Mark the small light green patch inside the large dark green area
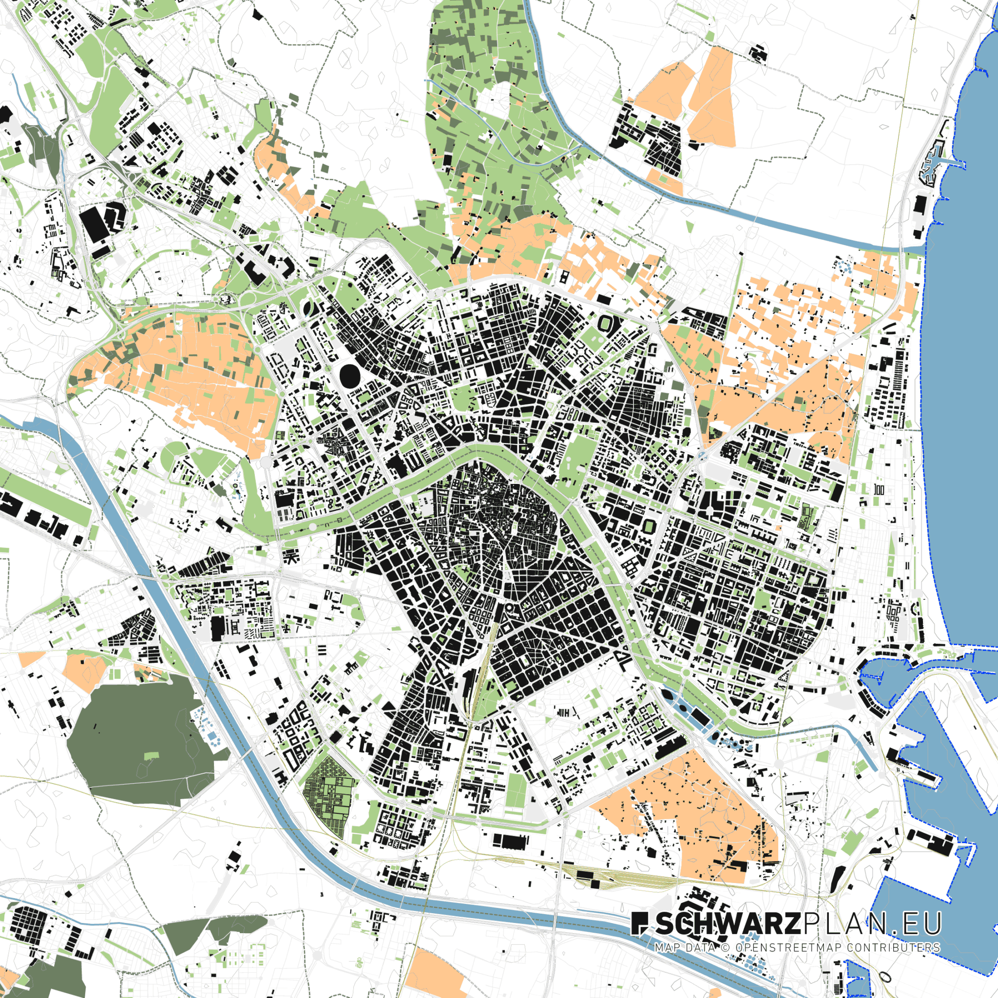pos(151,756)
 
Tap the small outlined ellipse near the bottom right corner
pos(884,976)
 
